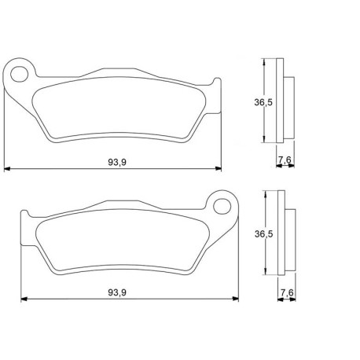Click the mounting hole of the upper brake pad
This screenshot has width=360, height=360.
(x=19, y=74)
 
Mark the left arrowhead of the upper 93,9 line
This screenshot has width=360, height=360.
(x=7, y=168)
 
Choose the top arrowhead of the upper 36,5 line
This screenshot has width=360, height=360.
(x=265, y=61)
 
